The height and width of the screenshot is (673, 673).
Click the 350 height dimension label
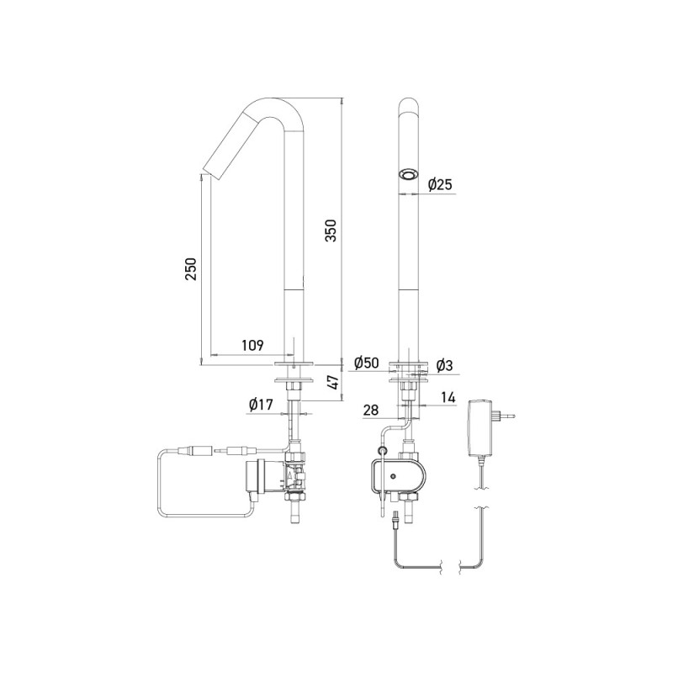point(331,231)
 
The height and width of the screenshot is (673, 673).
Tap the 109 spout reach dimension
point(252,345)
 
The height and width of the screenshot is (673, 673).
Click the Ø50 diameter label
point(367,363)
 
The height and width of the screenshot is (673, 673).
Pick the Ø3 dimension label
point(445,365)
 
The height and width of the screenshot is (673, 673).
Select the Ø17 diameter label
point(262,405)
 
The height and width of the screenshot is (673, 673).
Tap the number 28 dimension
point(372,410)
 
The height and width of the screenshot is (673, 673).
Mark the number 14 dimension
point(448,395)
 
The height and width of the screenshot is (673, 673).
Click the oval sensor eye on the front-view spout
point(409,175)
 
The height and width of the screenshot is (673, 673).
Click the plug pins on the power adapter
point(510,415)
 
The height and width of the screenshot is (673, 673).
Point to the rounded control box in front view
point(399,476)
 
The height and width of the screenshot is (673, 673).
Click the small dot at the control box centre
point(393,477)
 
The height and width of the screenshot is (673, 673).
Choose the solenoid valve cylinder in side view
point(254,477)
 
